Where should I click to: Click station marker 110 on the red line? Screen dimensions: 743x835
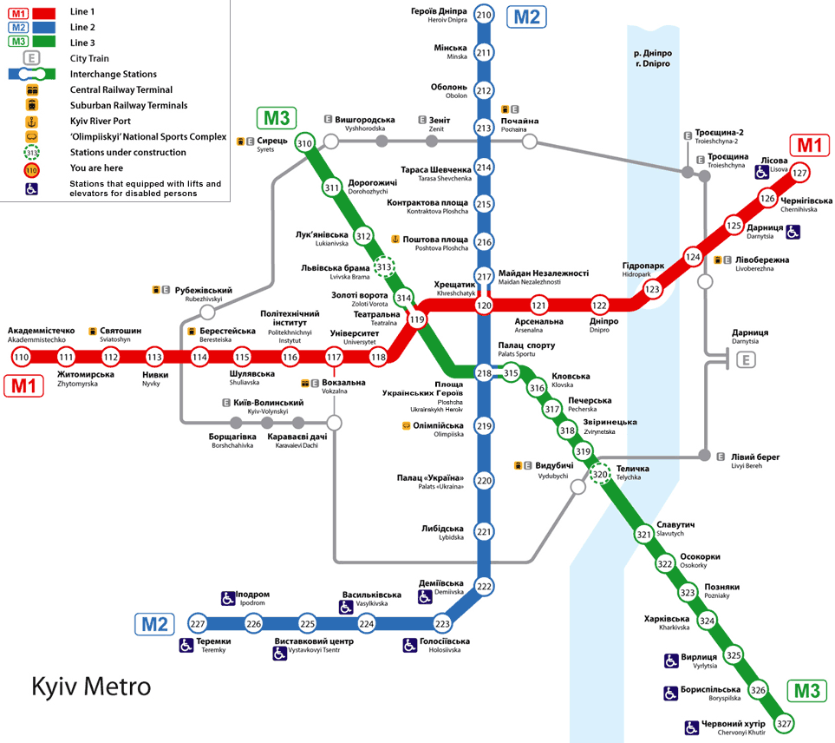click(x=21, y=358)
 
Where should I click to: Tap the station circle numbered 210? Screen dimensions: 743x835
click(x=484, y=15)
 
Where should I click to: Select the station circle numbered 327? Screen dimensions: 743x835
click(x=785, y=723)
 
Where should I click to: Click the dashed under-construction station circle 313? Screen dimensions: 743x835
click(x=383, y=267)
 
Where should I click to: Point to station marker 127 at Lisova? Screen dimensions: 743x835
click(x=799, y=173)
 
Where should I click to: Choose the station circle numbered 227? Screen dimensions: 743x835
click(x=198, y=624)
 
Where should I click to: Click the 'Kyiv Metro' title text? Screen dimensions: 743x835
click(x=91, y=687)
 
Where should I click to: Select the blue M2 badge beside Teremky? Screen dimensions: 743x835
click(x=155, y=623)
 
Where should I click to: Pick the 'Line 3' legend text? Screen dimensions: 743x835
click(x=82, y=43)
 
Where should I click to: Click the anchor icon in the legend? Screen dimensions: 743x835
click(x=32, y=121)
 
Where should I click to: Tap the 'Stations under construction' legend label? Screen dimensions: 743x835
click(x=127, y=152)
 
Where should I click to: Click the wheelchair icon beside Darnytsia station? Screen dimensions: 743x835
click(x=793, y=232)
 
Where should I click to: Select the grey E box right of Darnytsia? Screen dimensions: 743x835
click(x=746, y=359)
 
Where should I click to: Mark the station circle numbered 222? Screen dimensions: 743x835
click(x=484, y=587)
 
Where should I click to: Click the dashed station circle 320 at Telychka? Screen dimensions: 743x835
click(x=600, y=474)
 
